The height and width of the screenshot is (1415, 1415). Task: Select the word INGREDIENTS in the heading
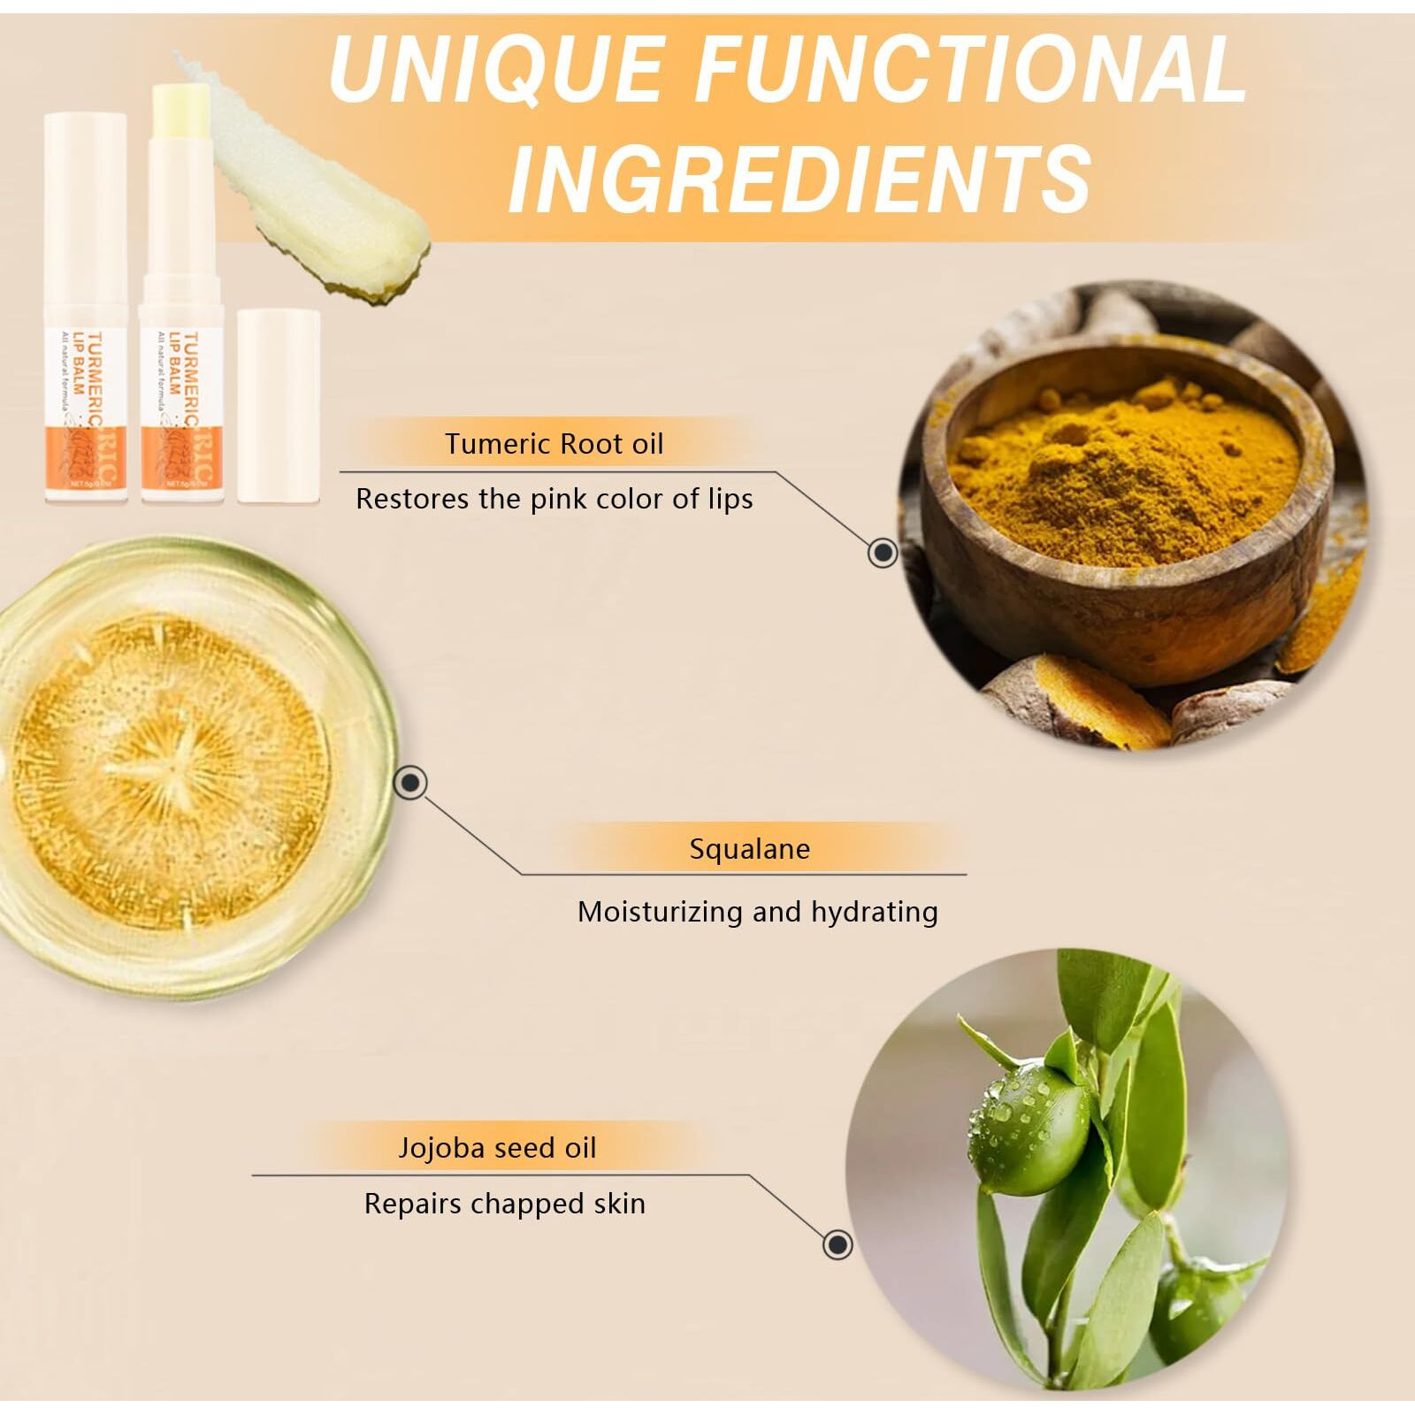click(800, 179)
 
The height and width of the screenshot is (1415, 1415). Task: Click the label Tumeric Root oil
click(554, 443)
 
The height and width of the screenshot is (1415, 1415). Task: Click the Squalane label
click(749, 849)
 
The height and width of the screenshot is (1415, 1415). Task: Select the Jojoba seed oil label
click(497, 1148)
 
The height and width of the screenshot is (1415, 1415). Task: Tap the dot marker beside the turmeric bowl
click(882, 553)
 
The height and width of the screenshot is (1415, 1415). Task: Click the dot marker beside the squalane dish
click(410, 782)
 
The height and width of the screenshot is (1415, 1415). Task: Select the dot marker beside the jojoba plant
click(837, 1244)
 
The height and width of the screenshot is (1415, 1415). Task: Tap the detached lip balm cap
click(278, 407)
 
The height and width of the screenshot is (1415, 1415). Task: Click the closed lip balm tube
click(86, 310)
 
